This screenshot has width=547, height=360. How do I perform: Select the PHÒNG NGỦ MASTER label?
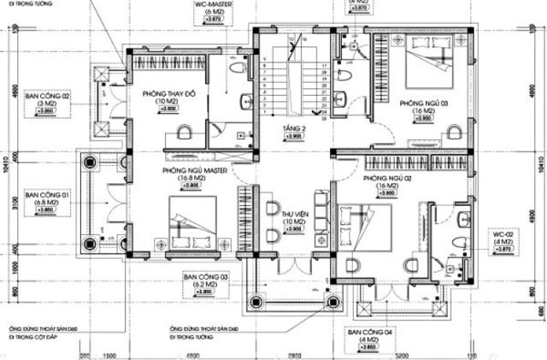(x=191, y=170)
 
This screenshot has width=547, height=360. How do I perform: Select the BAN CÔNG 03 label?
(x=206, y=278)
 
